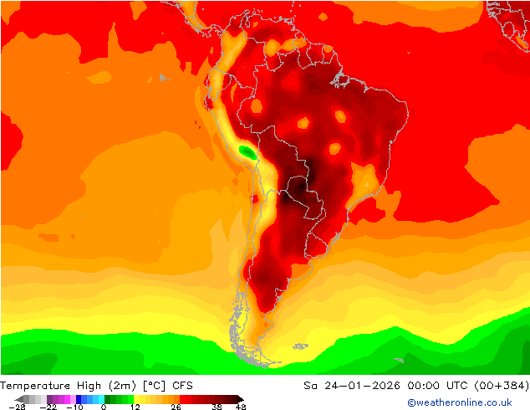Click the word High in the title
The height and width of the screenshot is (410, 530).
coord(98,386)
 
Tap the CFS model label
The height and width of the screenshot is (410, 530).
coord(182,386)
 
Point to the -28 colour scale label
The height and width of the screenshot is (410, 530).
coord(17,407)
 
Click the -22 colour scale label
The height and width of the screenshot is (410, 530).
coord(49,407)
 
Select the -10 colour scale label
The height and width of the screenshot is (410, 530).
coord(74,407)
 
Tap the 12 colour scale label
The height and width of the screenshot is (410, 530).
coord(134,407)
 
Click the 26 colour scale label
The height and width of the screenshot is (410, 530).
coord(176,407)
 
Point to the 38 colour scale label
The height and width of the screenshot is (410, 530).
coord(217,407)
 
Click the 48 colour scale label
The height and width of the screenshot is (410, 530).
coord(240,407)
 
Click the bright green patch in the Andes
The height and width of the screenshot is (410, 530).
coord(247,151)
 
